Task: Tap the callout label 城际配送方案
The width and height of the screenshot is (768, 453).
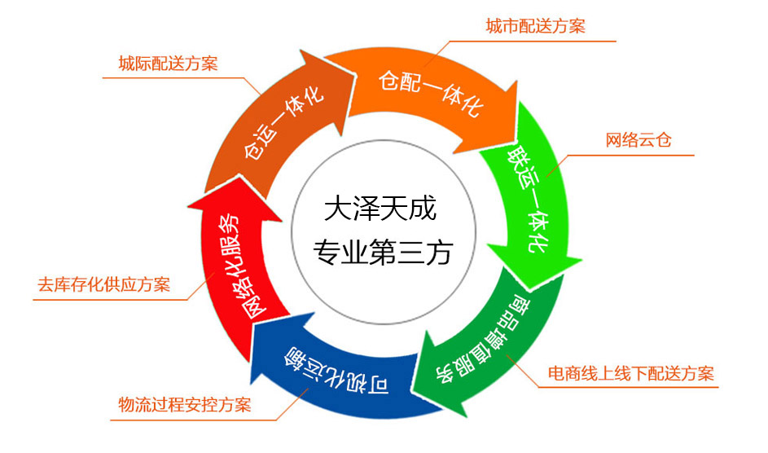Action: click(168, 63)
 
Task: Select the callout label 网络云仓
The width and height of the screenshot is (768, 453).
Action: click(638, 139)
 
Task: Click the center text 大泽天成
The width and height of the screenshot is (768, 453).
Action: click(380, 210)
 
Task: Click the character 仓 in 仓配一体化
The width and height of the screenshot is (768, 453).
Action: click(388, 80)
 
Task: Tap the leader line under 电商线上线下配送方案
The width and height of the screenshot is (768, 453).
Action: click(627, 388)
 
